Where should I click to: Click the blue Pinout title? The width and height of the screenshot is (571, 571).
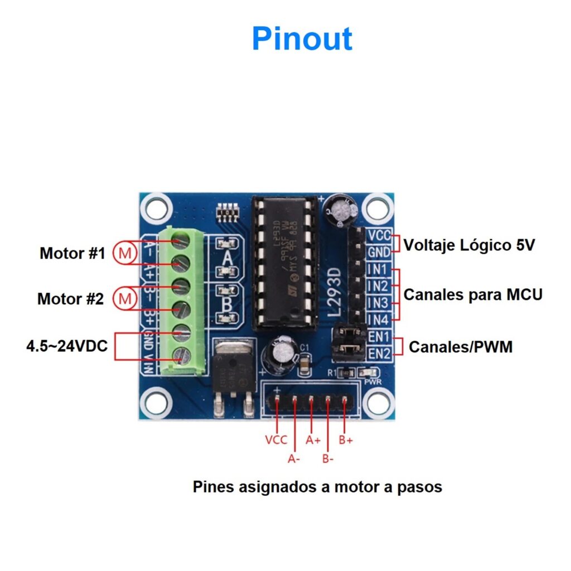pos(302,39)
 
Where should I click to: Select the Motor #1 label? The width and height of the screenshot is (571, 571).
pos(72,253)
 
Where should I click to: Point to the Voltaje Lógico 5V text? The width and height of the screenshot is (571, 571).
pos(469,245)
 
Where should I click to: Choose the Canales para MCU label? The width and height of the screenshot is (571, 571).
pos(473,294)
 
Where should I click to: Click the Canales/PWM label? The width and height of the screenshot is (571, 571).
pos(461,347)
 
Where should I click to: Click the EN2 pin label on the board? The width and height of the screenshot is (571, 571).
pos(379,352)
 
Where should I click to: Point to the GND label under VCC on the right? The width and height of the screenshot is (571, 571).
pos(379,252)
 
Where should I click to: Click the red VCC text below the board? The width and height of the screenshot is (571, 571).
pos(276,440)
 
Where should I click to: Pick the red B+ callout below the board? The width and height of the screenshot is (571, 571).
pos(346,440)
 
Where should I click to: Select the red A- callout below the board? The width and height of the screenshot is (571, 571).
pos(294,459)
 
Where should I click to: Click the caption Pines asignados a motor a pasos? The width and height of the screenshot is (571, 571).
pos(317,487)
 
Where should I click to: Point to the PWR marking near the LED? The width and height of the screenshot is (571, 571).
pos(372,383)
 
